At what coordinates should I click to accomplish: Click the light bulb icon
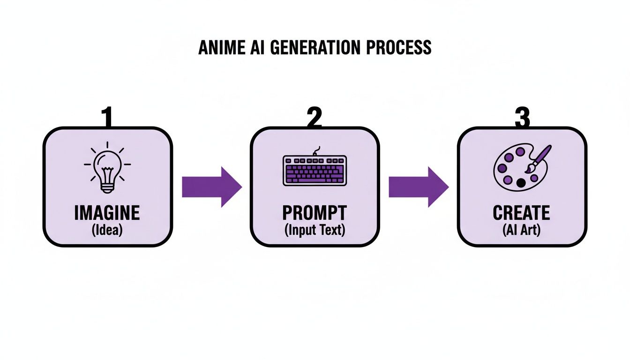click(107, 166)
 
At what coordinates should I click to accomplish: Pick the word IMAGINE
click(107, 213)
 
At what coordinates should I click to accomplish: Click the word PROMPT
click(314, 213)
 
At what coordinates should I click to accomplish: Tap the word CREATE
click(521, 213)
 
